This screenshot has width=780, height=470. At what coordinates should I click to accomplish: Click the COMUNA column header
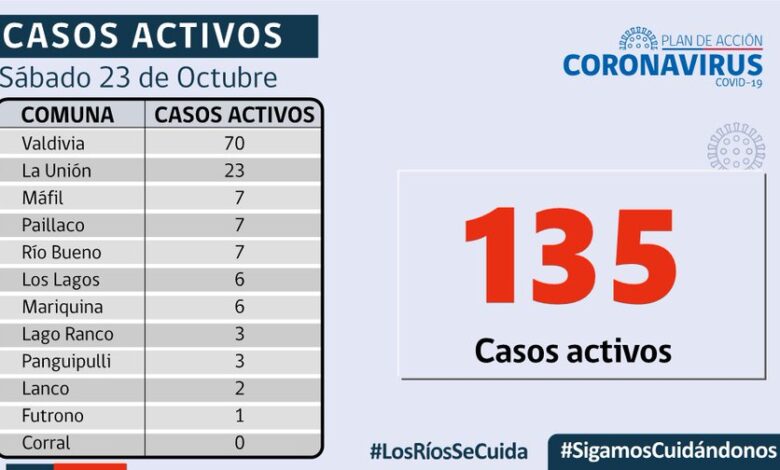click(x=68, y=114)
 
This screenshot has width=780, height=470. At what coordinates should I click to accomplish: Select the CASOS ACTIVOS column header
click(x=235, y=114)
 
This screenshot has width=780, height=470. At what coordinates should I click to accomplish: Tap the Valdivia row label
click(x=54, y=143)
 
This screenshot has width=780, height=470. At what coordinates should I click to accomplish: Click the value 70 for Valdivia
click(x=235, y=143)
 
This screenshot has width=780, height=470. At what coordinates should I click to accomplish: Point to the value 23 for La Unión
click(x=235, y=170)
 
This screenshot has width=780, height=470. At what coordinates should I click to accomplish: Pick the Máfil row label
click(x=43, y=198)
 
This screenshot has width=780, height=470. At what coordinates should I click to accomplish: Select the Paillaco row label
click(x=53, y=225)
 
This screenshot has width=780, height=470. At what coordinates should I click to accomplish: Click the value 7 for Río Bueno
click(x=239, y=252)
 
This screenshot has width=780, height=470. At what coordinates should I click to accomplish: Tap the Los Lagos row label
click(x=61, y=280)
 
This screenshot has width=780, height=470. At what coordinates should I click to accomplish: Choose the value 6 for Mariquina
click(x=239, y=307)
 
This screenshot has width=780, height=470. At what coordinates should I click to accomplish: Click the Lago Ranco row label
click(x=67, y=334)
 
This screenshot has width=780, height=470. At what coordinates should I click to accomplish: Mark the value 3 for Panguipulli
click(x=239, y=361)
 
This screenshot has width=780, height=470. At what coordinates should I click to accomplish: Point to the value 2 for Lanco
click(x=239, y=389)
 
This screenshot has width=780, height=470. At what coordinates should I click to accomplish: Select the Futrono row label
click(x=53, y=416)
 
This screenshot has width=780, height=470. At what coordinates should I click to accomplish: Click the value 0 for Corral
click(x=239, y=443)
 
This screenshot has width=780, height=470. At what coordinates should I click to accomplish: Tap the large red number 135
click(x=571, y=257)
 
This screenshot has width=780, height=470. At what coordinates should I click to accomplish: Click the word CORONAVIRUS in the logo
click(x=663, y=65)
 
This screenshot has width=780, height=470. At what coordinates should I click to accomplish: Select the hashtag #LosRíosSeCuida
click(x=449, y=451)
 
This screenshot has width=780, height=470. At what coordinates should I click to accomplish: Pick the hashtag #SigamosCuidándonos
click(x=668, y=450)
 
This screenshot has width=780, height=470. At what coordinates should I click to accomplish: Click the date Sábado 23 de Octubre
click(x=138, y=78)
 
